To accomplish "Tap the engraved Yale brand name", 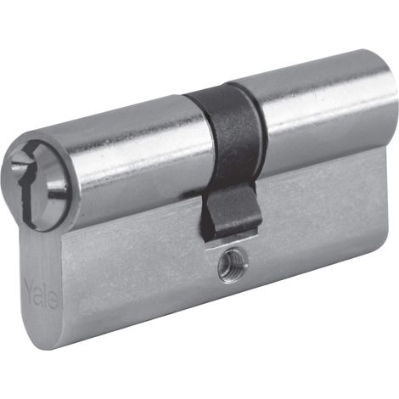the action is pos(42,295).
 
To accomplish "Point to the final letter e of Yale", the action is pos(53,302).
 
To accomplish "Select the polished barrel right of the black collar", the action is pos(323,113).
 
